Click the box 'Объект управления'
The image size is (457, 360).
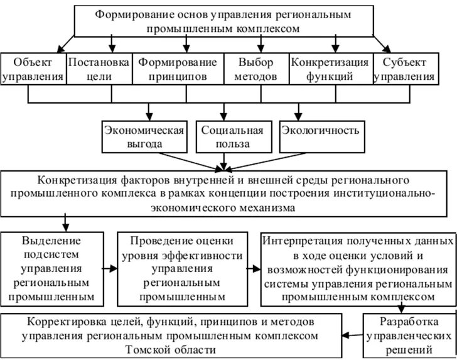33,70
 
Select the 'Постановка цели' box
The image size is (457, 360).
98,70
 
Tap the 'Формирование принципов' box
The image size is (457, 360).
178,70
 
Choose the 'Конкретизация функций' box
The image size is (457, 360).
330,70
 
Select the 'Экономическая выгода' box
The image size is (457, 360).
144,137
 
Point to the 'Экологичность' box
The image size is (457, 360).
321,137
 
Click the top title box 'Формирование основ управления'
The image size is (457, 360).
223,21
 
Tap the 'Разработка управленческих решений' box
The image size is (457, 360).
410,334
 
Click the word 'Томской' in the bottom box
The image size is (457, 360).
152,349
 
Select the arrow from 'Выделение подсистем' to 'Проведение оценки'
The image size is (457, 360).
110,268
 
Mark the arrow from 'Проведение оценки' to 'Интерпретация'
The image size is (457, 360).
254,268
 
